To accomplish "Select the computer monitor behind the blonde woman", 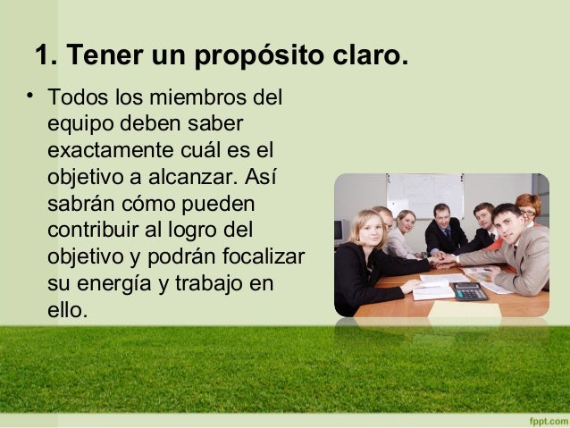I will point(340,231).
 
